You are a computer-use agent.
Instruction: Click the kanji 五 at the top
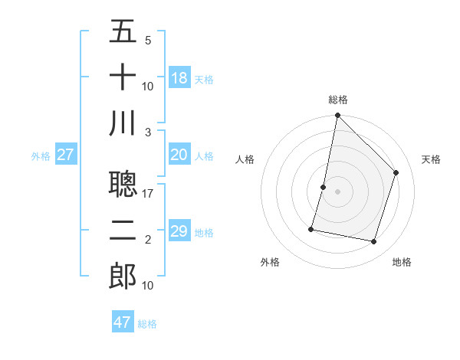(x=123, y=32)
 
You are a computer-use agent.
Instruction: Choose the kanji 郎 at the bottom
(x=123, y=277)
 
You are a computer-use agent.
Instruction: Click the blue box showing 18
(x=179, y=78)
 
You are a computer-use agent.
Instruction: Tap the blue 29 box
(x=179, y=231)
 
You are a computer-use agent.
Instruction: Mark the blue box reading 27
(x=65, y=155)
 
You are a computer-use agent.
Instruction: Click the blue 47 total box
(x=123, y=322)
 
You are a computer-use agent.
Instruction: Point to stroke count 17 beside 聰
(x=148, y=194)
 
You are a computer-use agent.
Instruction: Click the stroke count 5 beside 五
(x=148, y=41)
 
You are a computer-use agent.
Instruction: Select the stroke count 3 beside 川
(x=148, y=132)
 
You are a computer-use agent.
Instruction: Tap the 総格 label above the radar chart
(x=338, y=100)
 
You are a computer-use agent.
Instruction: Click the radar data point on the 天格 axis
(x=396, y=172)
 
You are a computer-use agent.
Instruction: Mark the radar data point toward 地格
(x=373, y=241)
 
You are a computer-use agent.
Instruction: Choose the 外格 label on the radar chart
(x=270, y=262)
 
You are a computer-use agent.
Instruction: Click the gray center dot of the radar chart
(x=338, y=191)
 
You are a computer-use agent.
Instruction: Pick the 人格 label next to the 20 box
(x=204, y=156)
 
